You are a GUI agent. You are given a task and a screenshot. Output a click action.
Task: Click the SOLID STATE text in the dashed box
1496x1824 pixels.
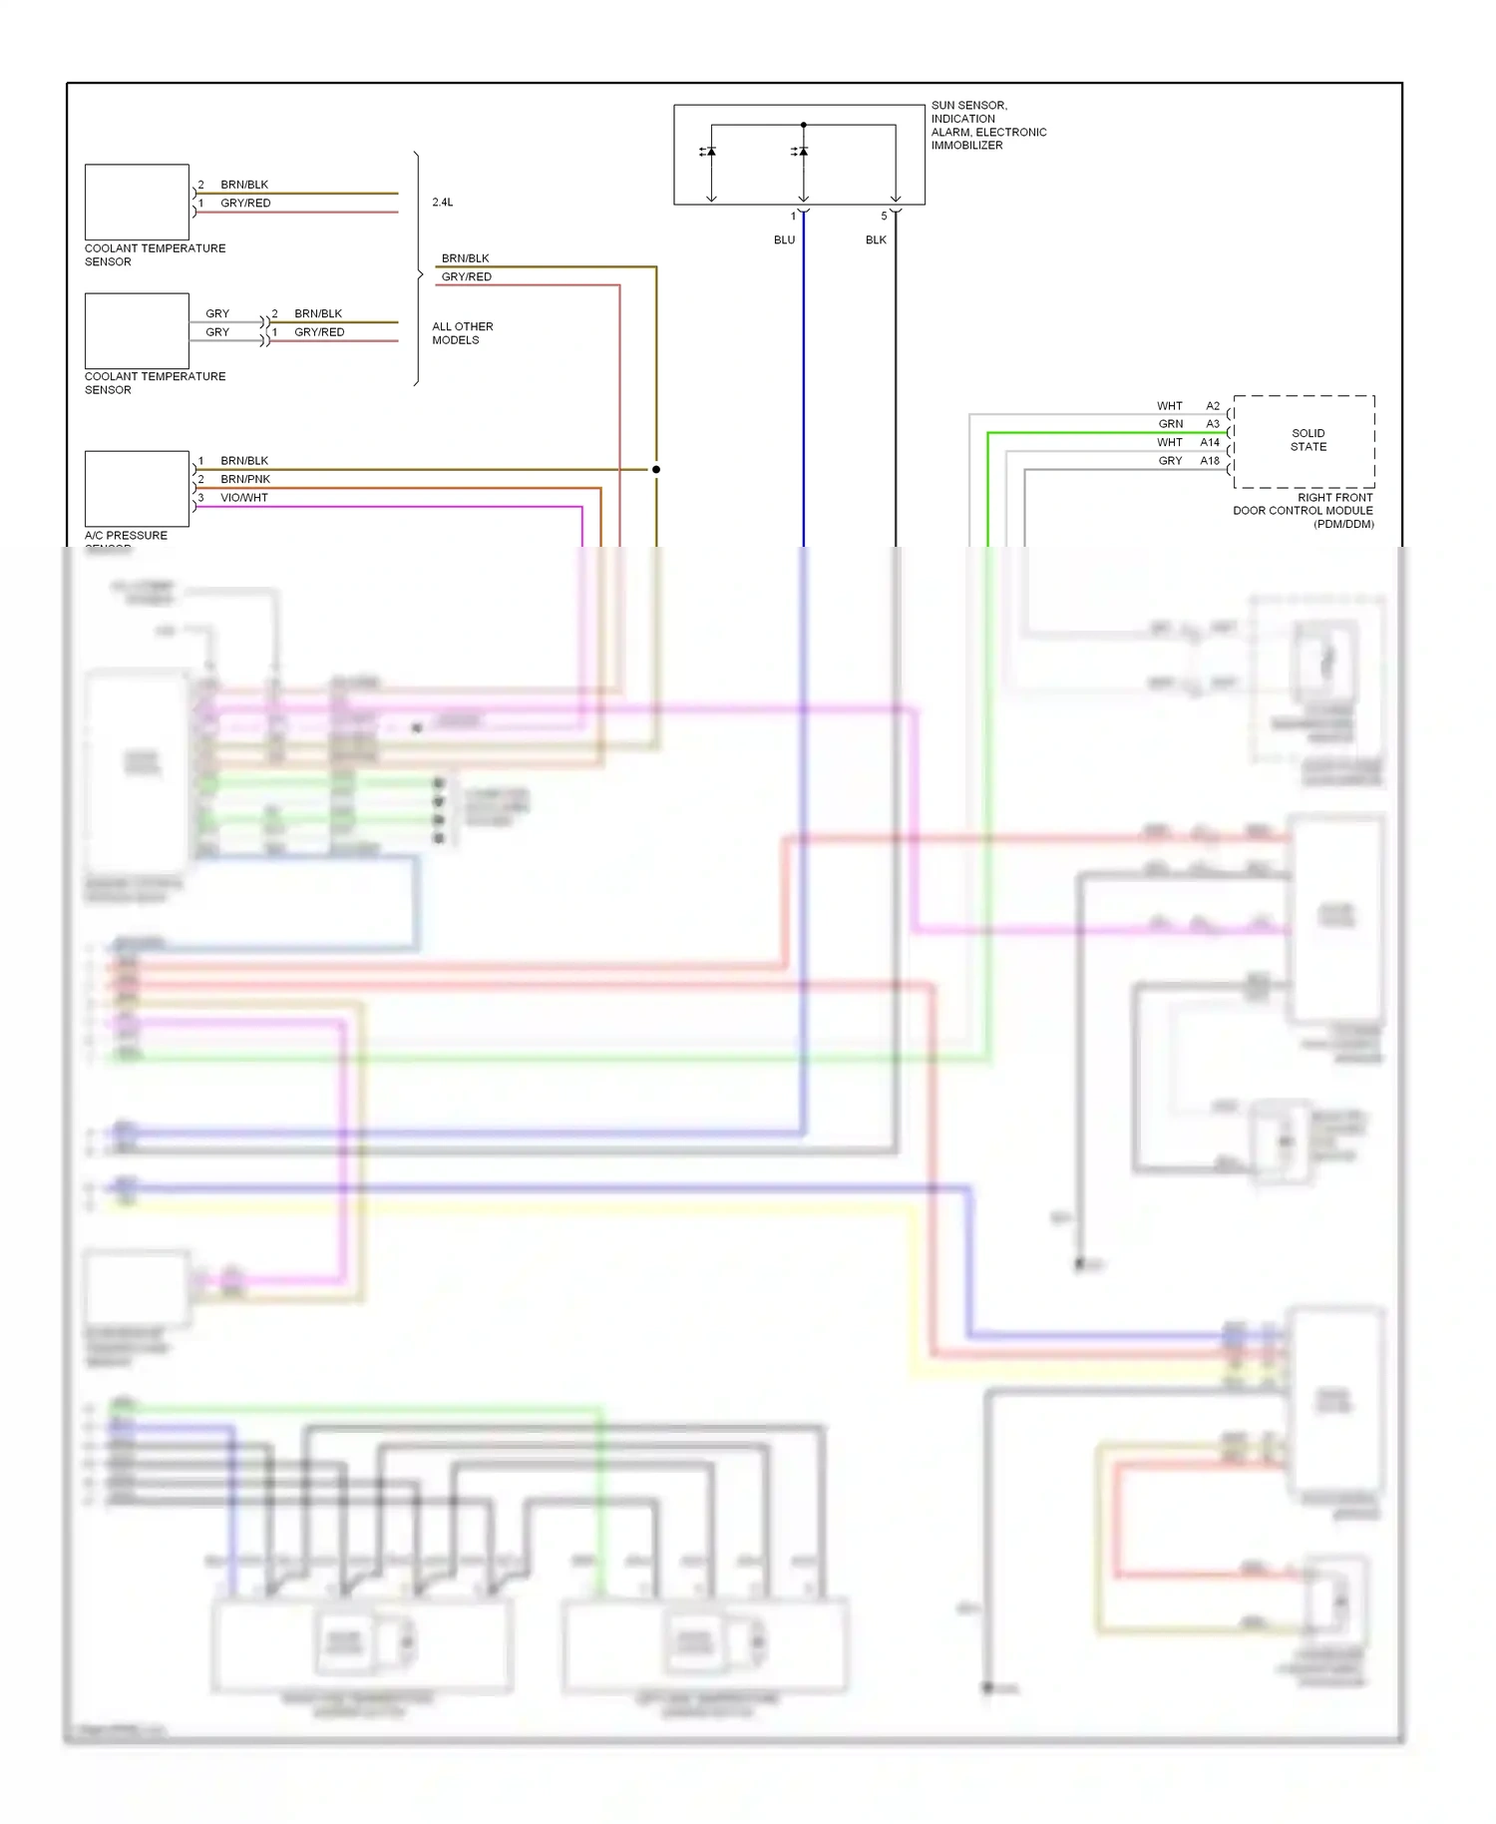(x=1308, y=440)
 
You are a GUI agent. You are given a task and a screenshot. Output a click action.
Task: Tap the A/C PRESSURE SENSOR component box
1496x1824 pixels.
(x=137, y=488)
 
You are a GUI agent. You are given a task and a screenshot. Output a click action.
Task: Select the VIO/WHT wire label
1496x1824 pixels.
(x=244, y=498)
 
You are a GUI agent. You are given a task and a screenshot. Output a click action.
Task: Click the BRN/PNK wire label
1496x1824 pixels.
(x=245, y=479)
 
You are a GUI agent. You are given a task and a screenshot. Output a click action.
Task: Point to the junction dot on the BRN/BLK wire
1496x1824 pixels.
(x=656, y=469)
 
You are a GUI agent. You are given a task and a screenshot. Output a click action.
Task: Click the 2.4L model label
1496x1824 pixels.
(x=443, y=203)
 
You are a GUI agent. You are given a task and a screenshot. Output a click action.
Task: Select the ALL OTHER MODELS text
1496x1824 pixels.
(x=462, y=333)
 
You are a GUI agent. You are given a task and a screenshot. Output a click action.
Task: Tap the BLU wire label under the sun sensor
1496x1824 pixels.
(x=784, y=240)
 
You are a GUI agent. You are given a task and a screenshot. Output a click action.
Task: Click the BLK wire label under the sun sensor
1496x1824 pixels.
(x=876, y=240)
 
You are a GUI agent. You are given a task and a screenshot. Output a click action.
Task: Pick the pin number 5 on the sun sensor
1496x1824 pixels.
(x=884, y=217)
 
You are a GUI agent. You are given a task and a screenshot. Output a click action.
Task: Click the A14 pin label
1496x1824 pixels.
(x=1210, y=442)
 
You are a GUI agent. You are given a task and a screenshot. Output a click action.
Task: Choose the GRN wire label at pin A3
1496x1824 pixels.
(x=1171, y=424)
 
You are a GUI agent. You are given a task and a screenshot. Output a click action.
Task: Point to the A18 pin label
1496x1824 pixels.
(x=1210, y=461)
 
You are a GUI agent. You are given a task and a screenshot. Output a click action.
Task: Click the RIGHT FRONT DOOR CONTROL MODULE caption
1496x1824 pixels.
(x=1304, y=510)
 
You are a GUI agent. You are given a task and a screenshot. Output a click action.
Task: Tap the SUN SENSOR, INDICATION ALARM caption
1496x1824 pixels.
(x=988, y=125)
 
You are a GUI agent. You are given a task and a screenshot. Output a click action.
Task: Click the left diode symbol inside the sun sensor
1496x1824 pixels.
(x=710, y=152)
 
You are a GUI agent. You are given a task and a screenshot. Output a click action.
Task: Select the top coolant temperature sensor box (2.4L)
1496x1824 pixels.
(x=137, y=202)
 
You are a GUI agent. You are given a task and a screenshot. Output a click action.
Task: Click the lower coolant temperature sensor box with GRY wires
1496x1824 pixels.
(x=137, y=330)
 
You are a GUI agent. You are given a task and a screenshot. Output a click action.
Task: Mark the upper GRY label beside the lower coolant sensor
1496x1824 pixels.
(x=217, y=313)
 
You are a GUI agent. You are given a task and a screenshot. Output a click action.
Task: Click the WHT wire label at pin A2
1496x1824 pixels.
(x=1170, y=406)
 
